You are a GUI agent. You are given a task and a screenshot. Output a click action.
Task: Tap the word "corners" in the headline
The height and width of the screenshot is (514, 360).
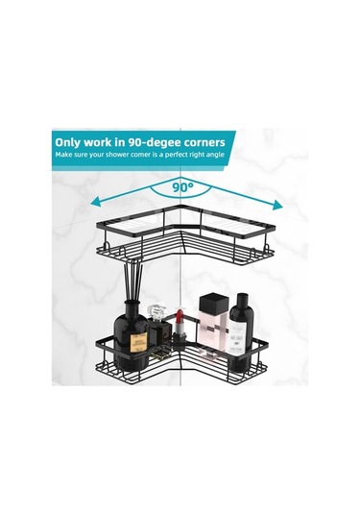point(204,142)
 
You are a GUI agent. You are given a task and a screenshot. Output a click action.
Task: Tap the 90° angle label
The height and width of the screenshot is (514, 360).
point(182,187)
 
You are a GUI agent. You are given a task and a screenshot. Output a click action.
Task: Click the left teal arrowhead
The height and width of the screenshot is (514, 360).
point(95,202)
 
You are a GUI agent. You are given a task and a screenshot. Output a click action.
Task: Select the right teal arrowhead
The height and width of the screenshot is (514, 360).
point(277,205)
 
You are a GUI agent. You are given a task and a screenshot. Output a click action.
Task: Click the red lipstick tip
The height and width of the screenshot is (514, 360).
point(179,316)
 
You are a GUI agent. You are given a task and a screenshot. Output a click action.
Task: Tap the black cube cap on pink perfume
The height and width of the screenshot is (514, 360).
point(214,303)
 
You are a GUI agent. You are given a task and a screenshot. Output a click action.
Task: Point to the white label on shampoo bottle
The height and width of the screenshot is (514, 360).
point(238,337)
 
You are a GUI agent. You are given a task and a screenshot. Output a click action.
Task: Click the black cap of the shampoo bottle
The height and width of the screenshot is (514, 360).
point(242,300)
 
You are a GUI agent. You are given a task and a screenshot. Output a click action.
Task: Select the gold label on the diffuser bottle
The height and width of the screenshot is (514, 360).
point(138,343)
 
